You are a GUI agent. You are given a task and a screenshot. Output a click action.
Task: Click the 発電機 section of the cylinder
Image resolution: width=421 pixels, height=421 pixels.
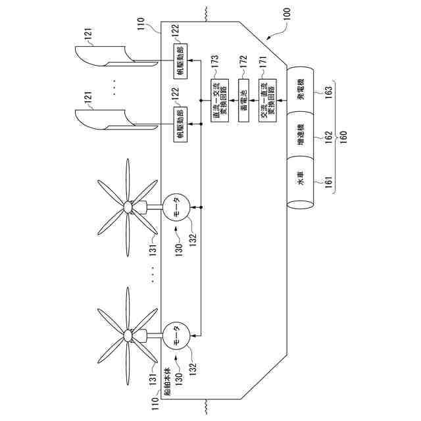tap(301, 91)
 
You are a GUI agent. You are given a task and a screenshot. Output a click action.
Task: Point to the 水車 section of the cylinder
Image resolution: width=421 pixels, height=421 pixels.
tap(301, 180)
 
